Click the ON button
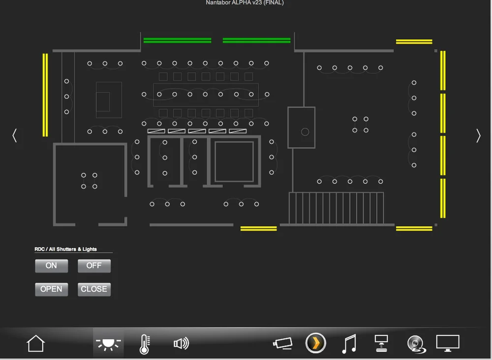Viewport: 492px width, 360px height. pyautogui.click(x=51, y=266)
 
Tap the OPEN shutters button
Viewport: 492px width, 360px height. pyautogui.click(x=51, y=289)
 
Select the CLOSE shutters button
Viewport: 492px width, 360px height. pyautogui.click(x=94, y=289)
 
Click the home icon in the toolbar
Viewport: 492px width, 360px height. pyautogui.click(x=35, y=343)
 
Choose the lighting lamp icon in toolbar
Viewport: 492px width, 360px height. pyautogui.click(x=108, y=343)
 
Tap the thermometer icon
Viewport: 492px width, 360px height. pyautogui.click(x=144, y=344)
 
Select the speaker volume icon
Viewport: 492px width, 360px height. pyautogui.click(x=181, y=343)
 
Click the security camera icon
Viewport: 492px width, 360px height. pyautogui.click(x=283, y=343)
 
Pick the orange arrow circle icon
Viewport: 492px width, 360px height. pyautogui.click(x=316, y=343)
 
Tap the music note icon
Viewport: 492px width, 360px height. pyautogui.click(x=349, y=344)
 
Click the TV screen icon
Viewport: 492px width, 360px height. pyautogui.click(x=448, y=343)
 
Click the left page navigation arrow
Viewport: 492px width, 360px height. pyautogui.click(x=15, y=135)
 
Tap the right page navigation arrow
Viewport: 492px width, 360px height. pyautogui.click(x=478, y=135)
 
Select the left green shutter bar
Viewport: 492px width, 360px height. pyautogui.click(x=177, y=40)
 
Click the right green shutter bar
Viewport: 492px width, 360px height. pyautogui.click(x=256, y=40)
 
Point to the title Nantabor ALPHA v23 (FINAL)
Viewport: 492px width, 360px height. pyautogui.click(x=245, y=3)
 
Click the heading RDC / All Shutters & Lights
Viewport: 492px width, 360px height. pyautogui.click(x=65, y=249)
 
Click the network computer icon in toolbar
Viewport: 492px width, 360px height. pyautogui.click(x=381, y=343)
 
